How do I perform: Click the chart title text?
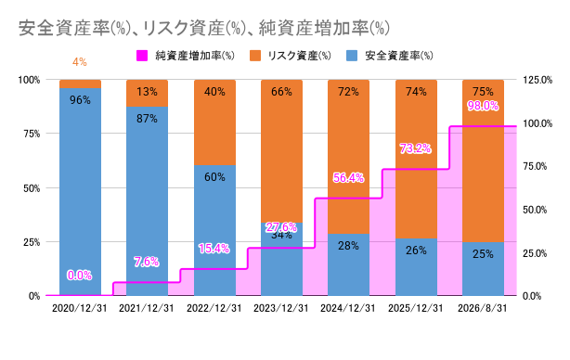tap(204, 29)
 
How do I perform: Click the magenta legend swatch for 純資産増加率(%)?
tap(142, 56)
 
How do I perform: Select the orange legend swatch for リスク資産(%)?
tap(255, 56)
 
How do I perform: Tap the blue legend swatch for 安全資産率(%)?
tap(352, 56)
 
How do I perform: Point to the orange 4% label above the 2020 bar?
tap(80, 62)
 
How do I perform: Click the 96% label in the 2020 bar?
tap(80, 100)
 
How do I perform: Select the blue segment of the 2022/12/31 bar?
tap(214, 230)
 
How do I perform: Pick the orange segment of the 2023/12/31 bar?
tap(281, 151)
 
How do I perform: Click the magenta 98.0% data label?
tap(483, 106)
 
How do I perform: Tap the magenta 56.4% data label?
tap(348, 177)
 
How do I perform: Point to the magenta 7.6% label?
tap(146, 262)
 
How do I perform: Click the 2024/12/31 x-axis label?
tap(347, 308)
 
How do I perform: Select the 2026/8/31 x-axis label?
tap(483, 308)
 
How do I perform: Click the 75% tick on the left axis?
tap(32, 134)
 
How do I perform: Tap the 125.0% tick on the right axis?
tap(538, 80)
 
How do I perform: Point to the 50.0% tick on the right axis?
tap(535, 210)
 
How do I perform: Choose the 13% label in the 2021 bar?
tap(147, 92)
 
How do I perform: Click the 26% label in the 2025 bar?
tap(416, 251)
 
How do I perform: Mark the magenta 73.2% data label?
tap(415, 148)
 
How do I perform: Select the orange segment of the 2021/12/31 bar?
tap(148, 94)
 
